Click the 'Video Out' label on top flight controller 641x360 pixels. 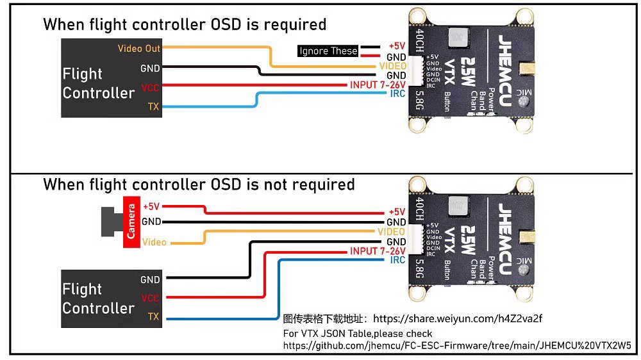[139, 49]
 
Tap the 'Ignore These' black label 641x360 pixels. [328, 51]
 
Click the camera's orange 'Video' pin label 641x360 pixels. [154, 242]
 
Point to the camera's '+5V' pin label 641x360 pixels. [151, 206]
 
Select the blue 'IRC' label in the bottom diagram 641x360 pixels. [397, 260]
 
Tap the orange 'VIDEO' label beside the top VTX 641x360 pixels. [392, 66]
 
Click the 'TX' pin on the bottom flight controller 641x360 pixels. [153, 316]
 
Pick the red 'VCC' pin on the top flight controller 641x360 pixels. [150, 87]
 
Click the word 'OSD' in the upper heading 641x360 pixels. [225, 24]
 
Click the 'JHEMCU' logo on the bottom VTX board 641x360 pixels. [504, 234]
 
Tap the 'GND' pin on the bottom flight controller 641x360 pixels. [150, 279]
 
